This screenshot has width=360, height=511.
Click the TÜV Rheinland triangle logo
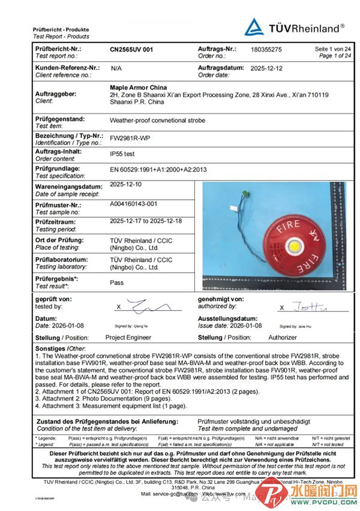point(254,27)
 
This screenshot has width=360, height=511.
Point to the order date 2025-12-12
point(266,68)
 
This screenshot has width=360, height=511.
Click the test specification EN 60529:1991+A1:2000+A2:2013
point(158,170)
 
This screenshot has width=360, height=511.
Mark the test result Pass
point(117,282)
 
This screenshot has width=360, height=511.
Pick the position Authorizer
point(282,338)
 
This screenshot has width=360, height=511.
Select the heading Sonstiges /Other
point(60,348)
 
